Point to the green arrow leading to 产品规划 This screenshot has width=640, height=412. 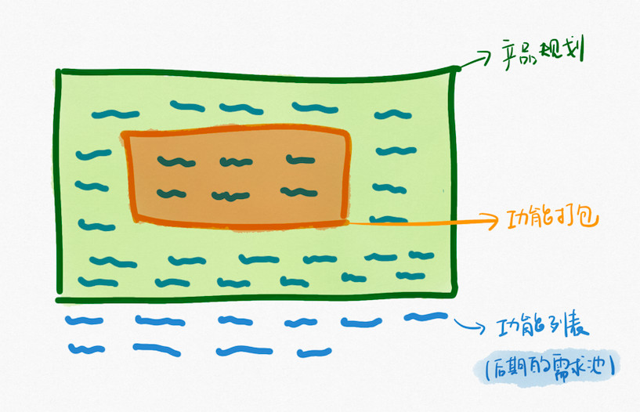(473, 60)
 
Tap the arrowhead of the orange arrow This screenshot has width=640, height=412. (493, 221)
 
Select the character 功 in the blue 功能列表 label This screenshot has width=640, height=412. (508, 327)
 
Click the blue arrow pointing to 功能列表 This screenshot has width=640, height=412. (469, 325)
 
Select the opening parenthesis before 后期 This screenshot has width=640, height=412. (488, 368)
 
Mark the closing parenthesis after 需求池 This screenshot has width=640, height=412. (612, 366)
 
